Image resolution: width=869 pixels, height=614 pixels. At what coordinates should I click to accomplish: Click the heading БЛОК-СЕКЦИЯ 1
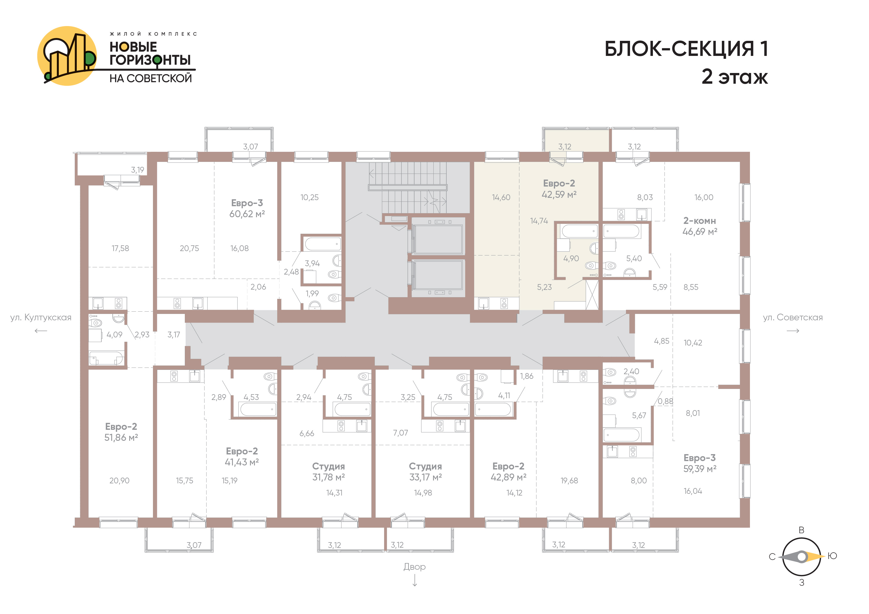pyautogui.click(x=686, y=49)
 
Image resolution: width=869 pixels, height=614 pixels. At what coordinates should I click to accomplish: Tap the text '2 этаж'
pyautogui.click(x=735, y=77)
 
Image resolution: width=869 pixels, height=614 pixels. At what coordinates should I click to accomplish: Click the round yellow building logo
pyautogui.click(x=67, y=56)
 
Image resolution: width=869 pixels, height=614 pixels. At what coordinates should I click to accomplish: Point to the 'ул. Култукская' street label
pyautogui.click(x=41, y=317)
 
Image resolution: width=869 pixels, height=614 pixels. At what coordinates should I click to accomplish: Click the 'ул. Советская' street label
pyautogui.click(x=793, y=317)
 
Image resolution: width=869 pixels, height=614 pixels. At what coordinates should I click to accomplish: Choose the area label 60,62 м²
pyautogui.click(x=247, y=214)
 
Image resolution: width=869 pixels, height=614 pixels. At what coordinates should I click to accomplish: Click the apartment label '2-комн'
pyautogui.click(x=700, y=221)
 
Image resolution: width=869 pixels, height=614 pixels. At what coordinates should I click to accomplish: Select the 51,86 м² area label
pyautogui.click(x=121, y=438)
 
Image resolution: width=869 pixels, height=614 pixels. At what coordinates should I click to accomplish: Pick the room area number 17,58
pyautogui.click(x=121, y=248)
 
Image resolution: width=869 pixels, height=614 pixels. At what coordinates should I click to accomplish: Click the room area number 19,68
pyautogui.click(x=569, y=481)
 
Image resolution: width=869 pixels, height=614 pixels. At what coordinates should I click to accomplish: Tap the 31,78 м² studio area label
pyautogui.click(x=328, y=477)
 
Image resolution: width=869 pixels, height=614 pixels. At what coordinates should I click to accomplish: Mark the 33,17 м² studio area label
pyautogui.click(x=426, y=477)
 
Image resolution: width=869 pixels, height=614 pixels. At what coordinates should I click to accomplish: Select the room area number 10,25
pyautogui.click(x=310, y=198)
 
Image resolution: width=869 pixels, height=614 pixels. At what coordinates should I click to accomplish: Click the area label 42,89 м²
pyautogui.click(x=509, y=477)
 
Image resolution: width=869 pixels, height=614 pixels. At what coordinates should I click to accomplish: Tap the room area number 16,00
pyautogui.click(x=704, y=198)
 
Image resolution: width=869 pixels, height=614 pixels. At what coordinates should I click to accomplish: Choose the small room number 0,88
pyautogui.click(x=665, y=401)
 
